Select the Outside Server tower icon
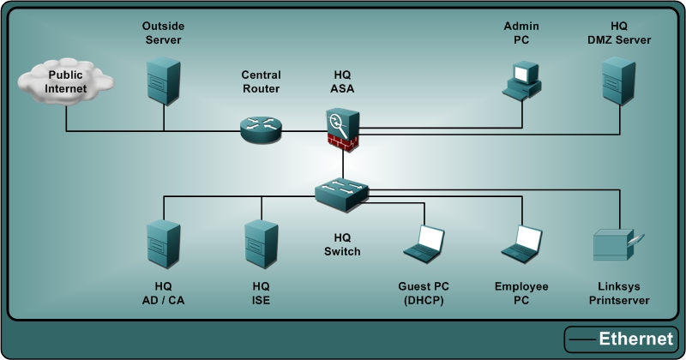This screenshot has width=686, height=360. pyautogui.click(x=163, y=79)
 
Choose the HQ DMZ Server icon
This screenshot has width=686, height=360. pyautogui.click(x=619, y=79)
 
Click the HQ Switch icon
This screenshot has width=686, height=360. pyautogui.click(x=341, y=195)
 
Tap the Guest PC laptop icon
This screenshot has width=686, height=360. pyautogui.click(x=424, y=244)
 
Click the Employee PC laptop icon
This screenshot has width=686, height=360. pyautogui.click(x=521, y=244)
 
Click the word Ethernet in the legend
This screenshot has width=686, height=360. pyautogui.click(x=635, y=339)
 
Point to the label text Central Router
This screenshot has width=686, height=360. pyautogui.click(x=261, y=81)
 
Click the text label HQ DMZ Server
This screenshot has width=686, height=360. pyautogui.click(x=619, y=33)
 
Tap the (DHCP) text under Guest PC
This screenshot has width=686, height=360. pyautogui.click(x=424, y=300)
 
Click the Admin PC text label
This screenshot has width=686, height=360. pyautogui.click(x=521, y=33)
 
